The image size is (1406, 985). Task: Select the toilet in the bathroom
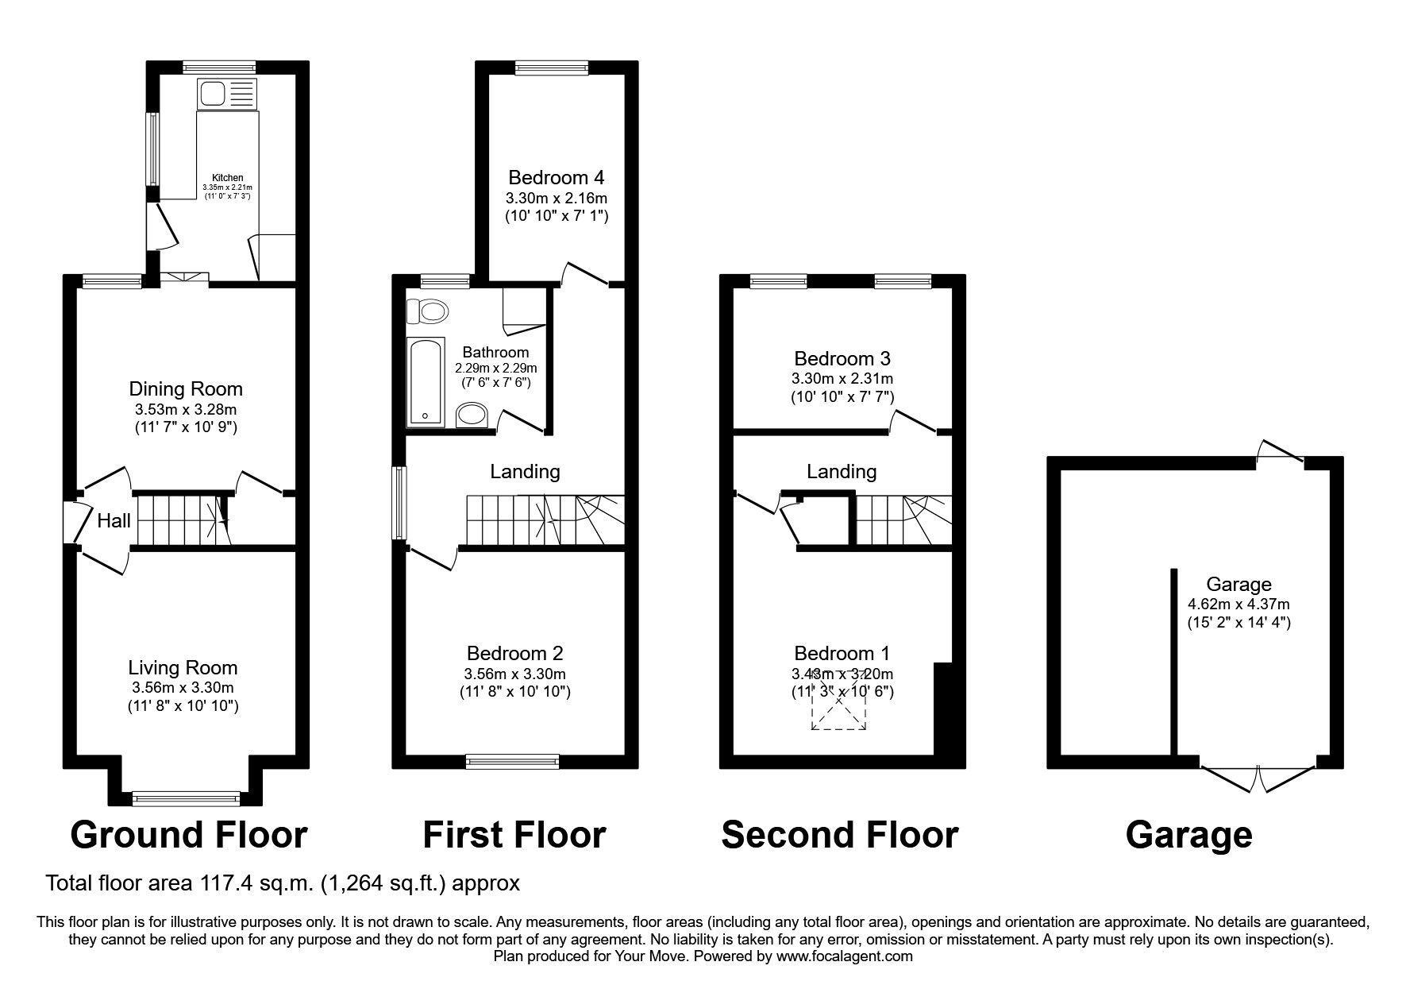(426, 311)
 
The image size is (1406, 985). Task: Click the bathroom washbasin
(473, 414)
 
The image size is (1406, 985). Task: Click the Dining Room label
(186, 389)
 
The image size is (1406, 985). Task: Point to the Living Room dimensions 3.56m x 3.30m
(183, 688)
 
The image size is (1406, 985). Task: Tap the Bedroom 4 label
(557, 177)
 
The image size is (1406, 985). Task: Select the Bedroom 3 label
(842, 359)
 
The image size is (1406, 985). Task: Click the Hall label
(114, 521)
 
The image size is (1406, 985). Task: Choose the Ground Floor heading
(189, 836)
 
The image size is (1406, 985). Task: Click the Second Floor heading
(840, 836)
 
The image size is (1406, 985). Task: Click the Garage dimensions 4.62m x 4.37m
(1238, 605)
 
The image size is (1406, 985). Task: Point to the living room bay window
(186, 798)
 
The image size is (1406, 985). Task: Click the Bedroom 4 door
(585, 272)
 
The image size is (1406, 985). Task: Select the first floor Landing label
(525, 472)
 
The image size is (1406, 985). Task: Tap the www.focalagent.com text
(844, 956)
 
